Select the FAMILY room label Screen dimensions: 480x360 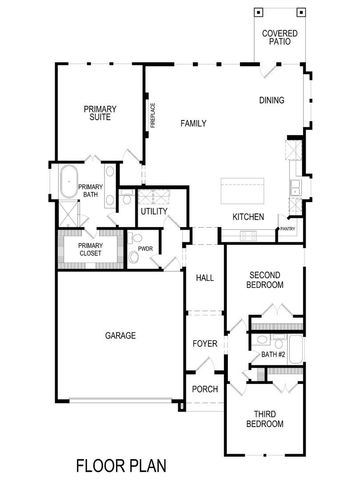pyautogui.click(x=193, y=123)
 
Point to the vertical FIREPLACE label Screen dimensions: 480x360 pyautogui.click(x=153, y=116)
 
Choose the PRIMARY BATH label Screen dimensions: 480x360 pyautogui.click(x=90, y=191)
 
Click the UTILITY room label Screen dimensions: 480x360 pyautogui.click(x=153, y=212)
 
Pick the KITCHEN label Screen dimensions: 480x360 pyautogui.click(x=247, y=217)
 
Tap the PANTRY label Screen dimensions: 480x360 pyautogui.click(x=288, y=229)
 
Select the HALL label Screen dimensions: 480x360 pyautogui.click(x=205, y=278)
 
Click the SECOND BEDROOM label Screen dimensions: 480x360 pyautogui.click(x=265, y=279)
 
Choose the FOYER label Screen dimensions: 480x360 pyautogui.click(x=205, y=345)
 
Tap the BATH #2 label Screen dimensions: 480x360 pyautogui.click(x=274, y=355)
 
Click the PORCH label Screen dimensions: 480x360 pyautogui.click(x=204, y=390)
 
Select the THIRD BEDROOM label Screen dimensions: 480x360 pyautogui.click(x=265, y=419)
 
